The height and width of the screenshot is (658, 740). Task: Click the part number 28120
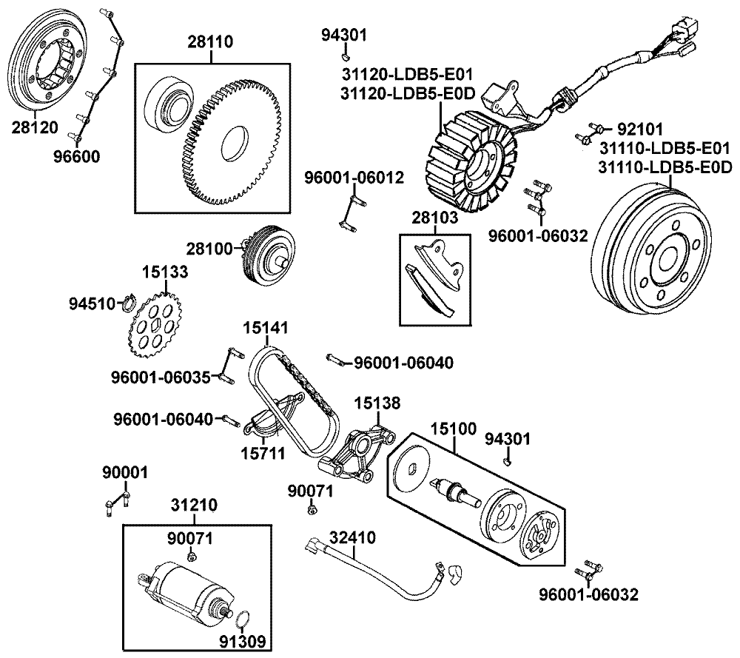[x=34, y=127]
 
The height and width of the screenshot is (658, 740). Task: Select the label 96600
[x=75, y=156]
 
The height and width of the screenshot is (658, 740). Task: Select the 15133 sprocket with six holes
[x=155, y=328]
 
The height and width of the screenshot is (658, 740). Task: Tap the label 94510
[x=92, y=303]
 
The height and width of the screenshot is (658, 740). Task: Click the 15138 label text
[x=377, y=403]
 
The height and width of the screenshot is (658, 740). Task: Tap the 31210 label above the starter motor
[x=194, y=506]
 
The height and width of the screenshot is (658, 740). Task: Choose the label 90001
[x=125, y=472]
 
